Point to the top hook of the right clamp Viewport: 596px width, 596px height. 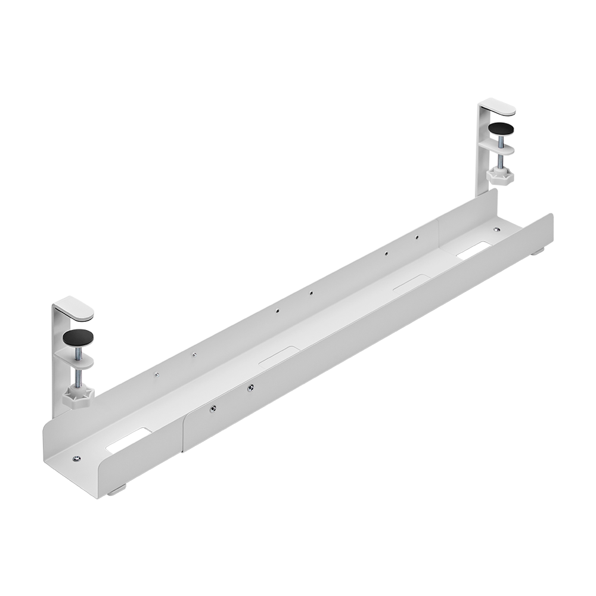tap(499, 109)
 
